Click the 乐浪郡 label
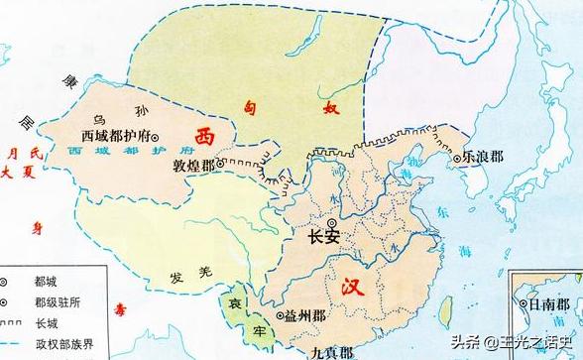coord(483,156)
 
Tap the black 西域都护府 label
coord(113,136)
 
